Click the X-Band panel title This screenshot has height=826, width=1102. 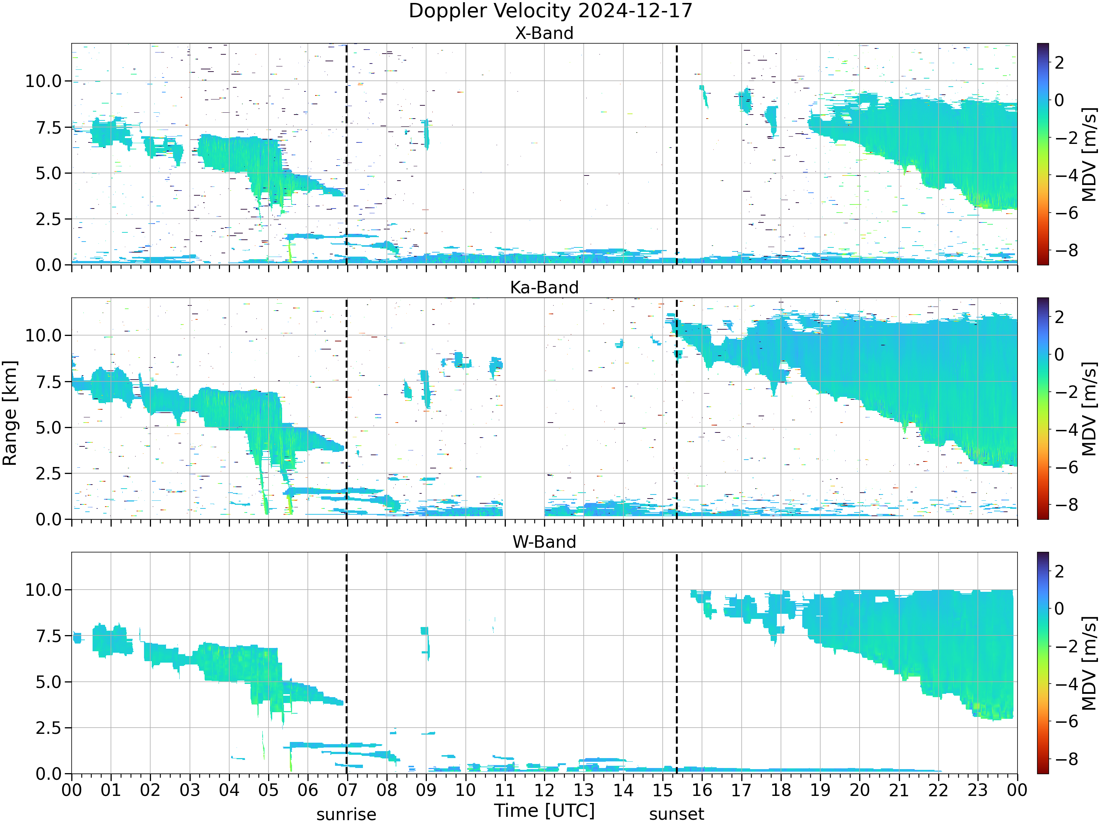[x=544, y=33]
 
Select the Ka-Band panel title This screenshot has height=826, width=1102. [x=544, y=288]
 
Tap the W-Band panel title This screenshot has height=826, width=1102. [x=544, y=542]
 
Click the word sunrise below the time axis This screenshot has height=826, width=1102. [x=346, y=815]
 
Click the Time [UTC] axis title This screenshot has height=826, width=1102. [x=544, y=811]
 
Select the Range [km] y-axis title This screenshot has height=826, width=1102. [x=10, y=413]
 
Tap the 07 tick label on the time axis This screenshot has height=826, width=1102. [x=347, y=790]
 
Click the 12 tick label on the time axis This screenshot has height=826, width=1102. [x=544, y=790]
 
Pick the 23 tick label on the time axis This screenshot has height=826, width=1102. [x=977, y=790]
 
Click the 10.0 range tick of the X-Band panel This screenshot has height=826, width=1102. [x=43, y=81]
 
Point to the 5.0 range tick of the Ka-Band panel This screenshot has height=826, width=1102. [x=49, y=428]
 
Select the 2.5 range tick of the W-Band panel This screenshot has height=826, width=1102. [x=49, y=728]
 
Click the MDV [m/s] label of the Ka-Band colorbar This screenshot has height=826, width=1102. [x=1089, y=409]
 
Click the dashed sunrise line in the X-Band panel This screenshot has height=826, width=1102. [x=347, y=154]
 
